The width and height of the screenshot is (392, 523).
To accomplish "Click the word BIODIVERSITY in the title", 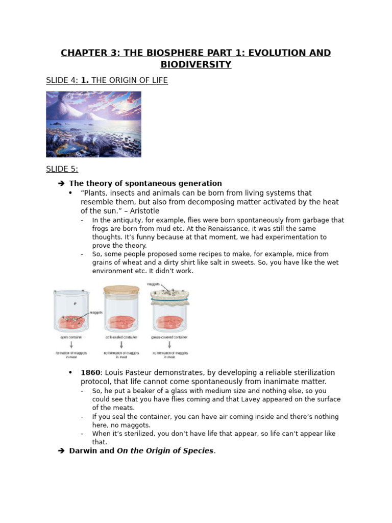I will tap(196, 64).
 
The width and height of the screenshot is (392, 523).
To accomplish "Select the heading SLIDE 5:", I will tap(62, 169).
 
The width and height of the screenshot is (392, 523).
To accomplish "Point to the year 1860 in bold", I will tap(91, 372).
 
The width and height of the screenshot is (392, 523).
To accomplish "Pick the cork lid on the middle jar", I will tap(121, 290).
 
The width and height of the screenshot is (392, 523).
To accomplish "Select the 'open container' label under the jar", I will tap(71, 338).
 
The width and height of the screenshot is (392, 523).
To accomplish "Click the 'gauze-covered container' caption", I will tap(170, 338).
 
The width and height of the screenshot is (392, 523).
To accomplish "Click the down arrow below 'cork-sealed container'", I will tap(121, 345).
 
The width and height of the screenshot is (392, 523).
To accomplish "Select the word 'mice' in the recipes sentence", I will tap(306, 254).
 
